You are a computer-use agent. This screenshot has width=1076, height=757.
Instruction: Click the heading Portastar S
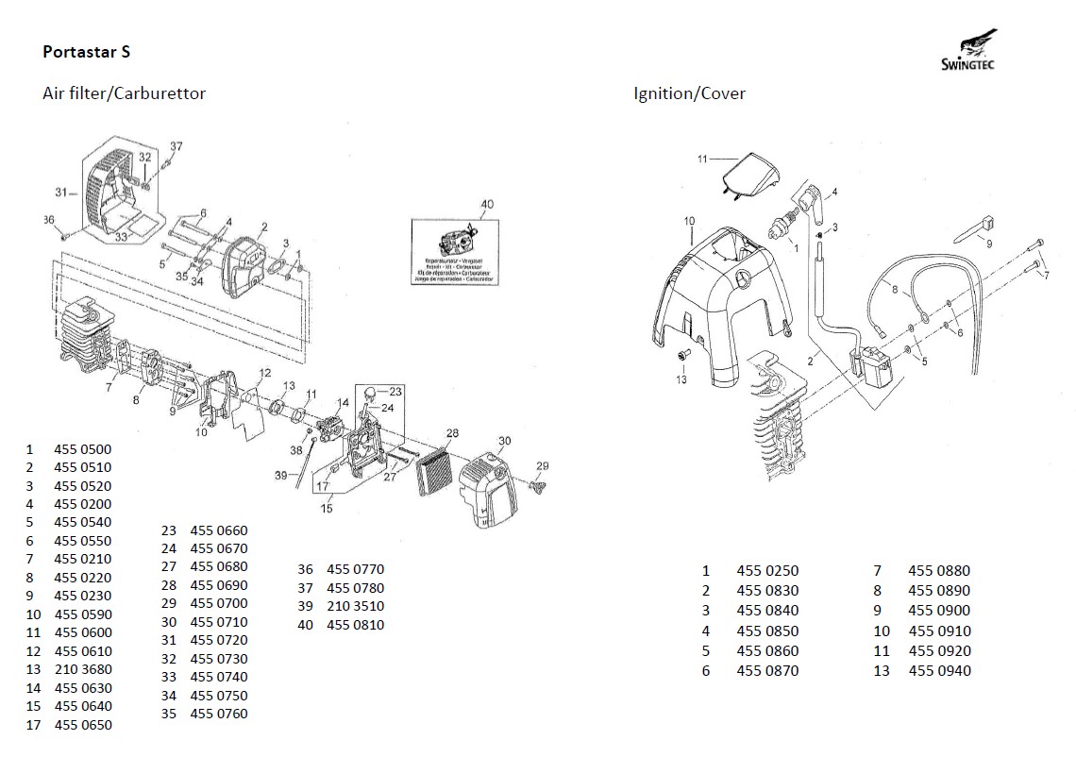[86, 52]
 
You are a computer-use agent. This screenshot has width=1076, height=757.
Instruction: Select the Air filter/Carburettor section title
[124, 93]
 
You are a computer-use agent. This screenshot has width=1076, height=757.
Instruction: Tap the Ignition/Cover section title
[689, 93]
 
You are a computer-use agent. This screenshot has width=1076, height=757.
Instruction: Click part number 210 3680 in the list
[83, 669]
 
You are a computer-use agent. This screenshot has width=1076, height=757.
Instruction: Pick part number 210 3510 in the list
[355, 606]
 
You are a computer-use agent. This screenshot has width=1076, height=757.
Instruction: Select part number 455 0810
[355, 624]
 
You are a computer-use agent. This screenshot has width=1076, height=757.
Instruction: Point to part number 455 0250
[766, 571]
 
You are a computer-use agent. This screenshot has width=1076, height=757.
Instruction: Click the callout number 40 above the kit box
[487, 204]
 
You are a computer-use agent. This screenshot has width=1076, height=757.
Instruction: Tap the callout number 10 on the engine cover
[689, 221]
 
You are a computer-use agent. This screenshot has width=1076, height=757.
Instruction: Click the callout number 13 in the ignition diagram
[681, 379]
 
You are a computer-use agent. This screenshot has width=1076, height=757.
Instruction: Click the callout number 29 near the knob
[542, 466]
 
